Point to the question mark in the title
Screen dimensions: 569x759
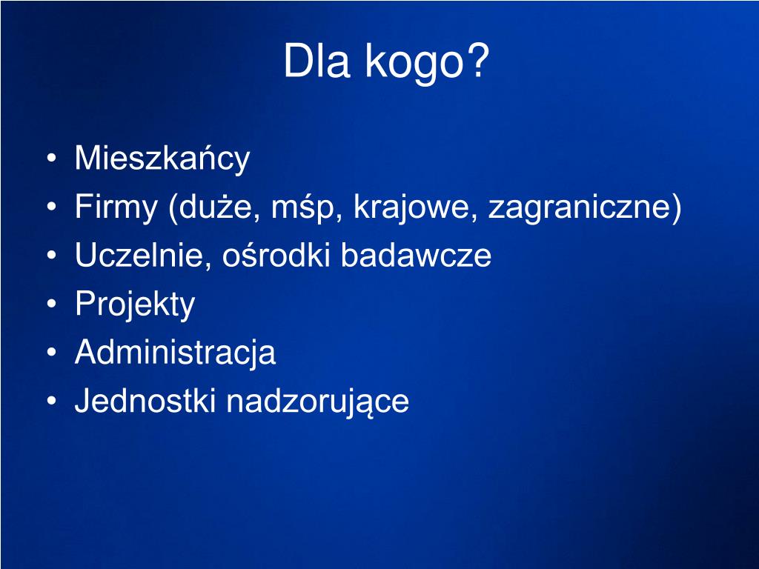coord(480,62)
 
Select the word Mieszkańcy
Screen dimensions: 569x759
coord(162,159)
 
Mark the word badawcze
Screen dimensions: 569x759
coord(416,256)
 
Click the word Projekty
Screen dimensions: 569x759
coord(135,305)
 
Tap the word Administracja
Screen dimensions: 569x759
coord(175,353)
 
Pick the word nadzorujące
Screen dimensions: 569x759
coord(317,402)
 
